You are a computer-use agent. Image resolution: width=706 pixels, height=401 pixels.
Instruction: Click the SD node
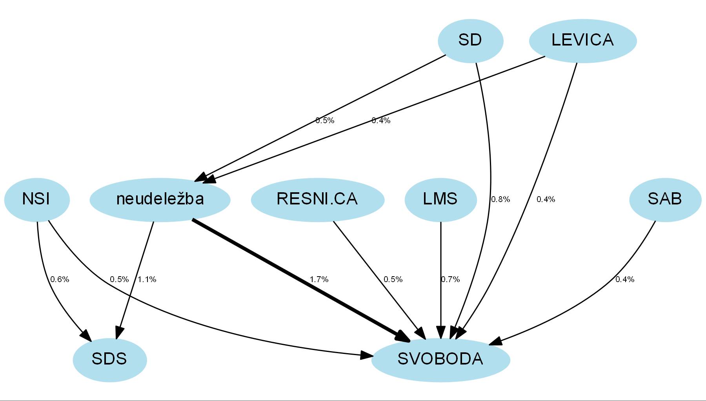click(x=470, y=40)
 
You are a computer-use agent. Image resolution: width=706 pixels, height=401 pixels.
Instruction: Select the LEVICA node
click(x=582, y=40)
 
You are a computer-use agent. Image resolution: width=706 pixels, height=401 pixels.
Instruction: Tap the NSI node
click(x=37, y=199)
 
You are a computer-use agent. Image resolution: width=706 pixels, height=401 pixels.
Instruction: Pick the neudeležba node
click(x=160, y=199)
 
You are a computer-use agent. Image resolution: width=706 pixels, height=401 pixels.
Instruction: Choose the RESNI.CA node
click(x=317, y=199)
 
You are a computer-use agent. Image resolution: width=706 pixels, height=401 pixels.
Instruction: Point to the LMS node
click(x=440, y=199)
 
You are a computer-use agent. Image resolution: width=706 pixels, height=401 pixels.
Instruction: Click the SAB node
click(x=665, y=199)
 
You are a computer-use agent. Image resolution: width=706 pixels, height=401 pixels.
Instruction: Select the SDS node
click(x=109, y=359)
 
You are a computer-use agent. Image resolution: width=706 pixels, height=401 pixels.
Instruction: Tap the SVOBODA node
click(x=440, y=359)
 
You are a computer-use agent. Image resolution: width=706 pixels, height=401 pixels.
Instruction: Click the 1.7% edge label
click(x=319, y=279)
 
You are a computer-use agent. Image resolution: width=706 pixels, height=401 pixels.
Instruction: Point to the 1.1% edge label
click(x=147, y=279)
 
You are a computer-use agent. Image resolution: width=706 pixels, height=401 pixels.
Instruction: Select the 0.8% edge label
click(x=500, y=199)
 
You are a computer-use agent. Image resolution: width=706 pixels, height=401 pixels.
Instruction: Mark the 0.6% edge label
click(x=60, y=279)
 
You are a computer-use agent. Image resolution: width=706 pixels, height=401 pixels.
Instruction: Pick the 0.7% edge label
click(x=450, y=279)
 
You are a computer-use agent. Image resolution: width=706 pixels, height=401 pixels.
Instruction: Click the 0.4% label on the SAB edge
click(x=625, y=279)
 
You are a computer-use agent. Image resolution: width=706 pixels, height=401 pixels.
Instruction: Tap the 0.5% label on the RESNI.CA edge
click(x=393, y=279)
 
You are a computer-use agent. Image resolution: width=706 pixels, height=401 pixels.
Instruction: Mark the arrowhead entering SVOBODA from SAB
click(x=495, y=342)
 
